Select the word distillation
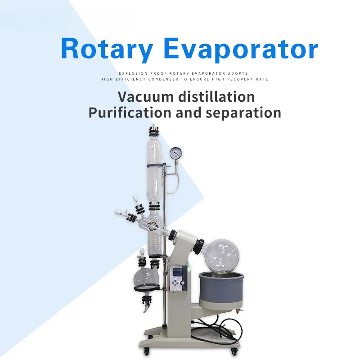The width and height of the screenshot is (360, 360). click(x=216, y=97)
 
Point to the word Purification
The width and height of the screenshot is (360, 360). click(x=130, y=113)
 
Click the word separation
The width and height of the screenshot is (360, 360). click(x=243, y=113)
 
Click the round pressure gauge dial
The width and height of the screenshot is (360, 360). click(x=175, y=153)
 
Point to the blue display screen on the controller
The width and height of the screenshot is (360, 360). click(x=177, y=273)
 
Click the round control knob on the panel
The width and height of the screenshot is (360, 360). click(x=183, y=283)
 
